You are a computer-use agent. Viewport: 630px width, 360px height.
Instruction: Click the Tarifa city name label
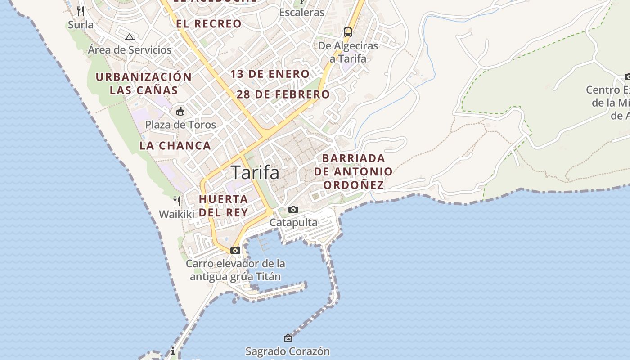tap(255, 172)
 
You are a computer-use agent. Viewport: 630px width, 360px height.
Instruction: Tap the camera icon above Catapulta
tap(293, 209)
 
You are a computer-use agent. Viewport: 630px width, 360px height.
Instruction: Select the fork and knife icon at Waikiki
tap(177, 201)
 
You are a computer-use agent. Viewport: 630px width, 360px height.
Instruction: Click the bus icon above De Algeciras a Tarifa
tap(348, 32)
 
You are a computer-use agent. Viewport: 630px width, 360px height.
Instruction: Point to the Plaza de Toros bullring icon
tap(180, 111)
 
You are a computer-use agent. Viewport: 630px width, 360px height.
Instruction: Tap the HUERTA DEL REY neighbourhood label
tap(224, 206)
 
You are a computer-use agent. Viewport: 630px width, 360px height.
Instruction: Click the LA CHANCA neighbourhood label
tap(175, 146)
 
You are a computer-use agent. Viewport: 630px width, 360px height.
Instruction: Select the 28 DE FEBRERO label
tap(283, 94)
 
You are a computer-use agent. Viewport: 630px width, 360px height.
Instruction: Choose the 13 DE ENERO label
tap(270, 74)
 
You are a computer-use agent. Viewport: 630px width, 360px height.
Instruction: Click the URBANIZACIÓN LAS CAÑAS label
tap(144, 83)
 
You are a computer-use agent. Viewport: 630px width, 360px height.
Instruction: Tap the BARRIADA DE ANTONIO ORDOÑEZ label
tap(354, 171)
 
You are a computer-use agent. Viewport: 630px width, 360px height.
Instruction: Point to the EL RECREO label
tap(209, 24)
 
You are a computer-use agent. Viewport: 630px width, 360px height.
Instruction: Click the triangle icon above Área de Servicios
tap(130, 37)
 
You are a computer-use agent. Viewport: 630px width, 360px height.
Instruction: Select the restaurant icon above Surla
tap(81, 11)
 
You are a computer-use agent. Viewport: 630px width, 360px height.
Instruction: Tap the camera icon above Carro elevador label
tap(235, 250)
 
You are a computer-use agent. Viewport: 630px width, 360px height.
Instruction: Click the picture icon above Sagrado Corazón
tap(288, 337)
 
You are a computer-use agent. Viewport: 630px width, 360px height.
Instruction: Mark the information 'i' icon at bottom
tap(173, 351)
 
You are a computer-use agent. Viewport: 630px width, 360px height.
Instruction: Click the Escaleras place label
tap(301, 12)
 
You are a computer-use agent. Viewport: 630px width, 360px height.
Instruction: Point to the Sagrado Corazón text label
tap(288, 351)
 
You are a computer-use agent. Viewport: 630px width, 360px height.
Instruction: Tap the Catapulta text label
tap(293, 222)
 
